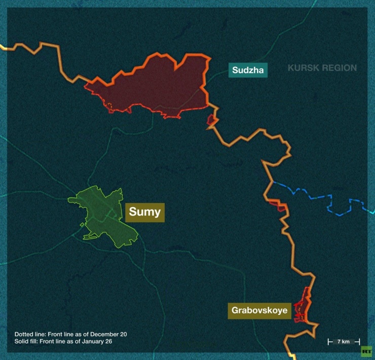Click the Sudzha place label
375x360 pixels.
tap(248, 70)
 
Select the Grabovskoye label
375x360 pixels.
tap(259, 310)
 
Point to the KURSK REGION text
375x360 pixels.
tap(322, 68)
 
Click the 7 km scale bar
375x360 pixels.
tap(343, 341)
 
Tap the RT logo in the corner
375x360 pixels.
tap(365, 351)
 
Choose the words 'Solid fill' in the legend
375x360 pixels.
tap(26, 341)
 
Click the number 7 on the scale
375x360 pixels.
tap(339, 341)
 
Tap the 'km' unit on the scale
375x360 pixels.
tap(346, 341)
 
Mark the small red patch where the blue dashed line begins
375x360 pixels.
tap(278, 205)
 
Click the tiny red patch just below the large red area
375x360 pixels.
tap(211, 120)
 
